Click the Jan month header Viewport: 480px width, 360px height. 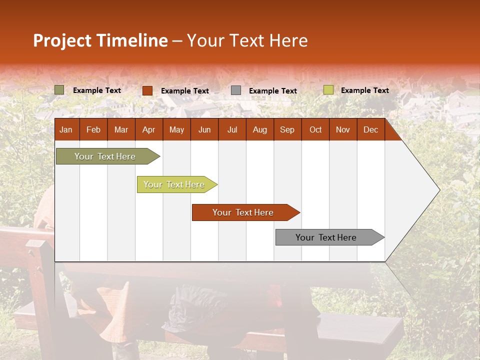tap(66, 129)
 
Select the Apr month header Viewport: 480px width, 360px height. tap(148, 129)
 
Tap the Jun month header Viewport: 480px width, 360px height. tap(204, 129)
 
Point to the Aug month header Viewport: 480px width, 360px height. tap(259, 129)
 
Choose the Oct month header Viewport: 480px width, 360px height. tap(315, 129)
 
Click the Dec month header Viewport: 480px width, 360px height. tap(370, 129)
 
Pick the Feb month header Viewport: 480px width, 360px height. tap(93, 129)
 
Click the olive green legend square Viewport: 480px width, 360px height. tap(59, 90)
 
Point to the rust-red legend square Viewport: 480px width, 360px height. tap(147, 90)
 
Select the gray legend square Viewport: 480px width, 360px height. tap(236, 90)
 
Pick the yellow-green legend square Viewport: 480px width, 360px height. tap(328, 90)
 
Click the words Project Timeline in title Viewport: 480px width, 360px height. tap(100, 40)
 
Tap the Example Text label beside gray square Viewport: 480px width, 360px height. tap(273, 91)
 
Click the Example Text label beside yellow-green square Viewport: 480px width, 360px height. tap(365, 90)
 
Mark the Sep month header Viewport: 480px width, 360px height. tap(287, 129)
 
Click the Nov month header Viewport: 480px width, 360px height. tap(343, 129)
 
